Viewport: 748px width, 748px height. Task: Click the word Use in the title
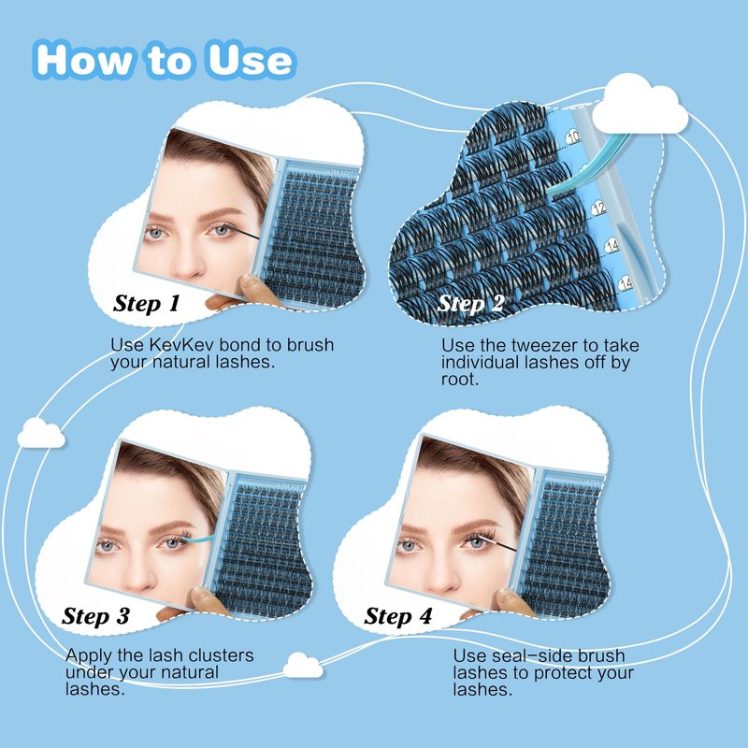(x=251, y=60)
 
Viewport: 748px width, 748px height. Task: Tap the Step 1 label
(x=147, y=303)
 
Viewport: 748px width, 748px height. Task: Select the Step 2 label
(x=470, y=303)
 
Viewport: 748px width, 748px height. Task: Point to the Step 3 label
(x=95, y=616)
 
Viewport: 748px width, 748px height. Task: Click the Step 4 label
(x=398, y=616)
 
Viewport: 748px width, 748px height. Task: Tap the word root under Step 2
(x=459, y=380)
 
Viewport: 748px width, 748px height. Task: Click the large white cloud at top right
(x=640, y=105)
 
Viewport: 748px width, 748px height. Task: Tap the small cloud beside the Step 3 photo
(x=41, y=433)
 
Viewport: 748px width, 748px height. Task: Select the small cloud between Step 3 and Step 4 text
(x=303, y=665)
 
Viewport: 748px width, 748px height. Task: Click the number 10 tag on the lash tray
(x=573, y=137)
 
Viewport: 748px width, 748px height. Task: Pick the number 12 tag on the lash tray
(x=598, y=208)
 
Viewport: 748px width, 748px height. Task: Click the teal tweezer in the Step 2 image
(x=587, y=165)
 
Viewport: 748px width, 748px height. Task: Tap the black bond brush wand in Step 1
(x=245, y=233)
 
